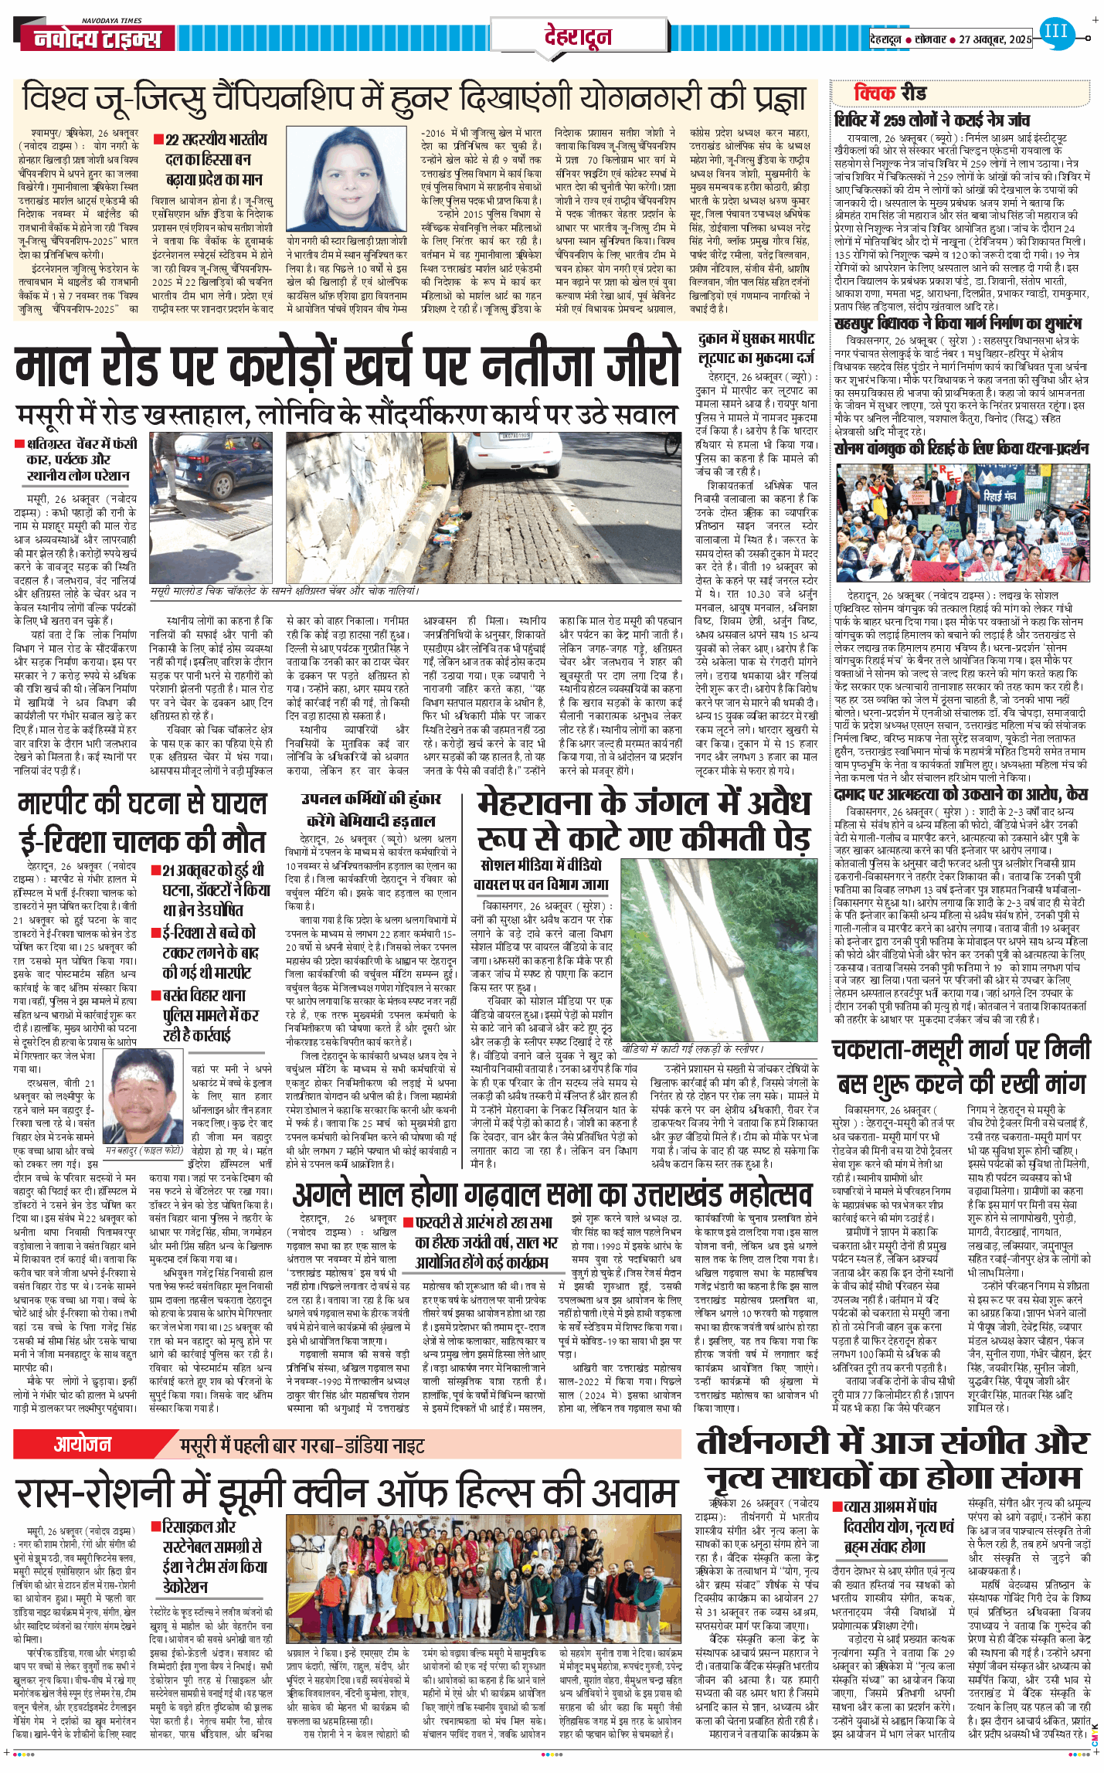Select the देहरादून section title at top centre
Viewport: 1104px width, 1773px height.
pyautogui.click(x=578, y=36)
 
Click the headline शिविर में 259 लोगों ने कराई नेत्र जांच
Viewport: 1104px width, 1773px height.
pyautogui.click(x=932, y=120)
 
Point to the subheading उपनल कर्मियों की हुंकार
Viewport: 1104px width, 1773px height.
pyautogui.click(x=371, y=800)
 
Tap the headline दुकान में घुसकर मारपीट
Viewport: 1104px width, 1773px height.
pyautogui.click(x=756, y=339)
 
